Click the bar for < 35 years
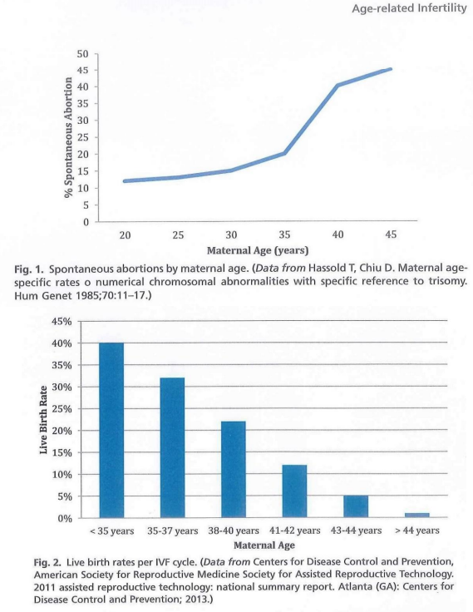pyautogui.click(x=111, y=430)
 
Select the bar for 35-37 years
pyautogui.click(x=173, y=447)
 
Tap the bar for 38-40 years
pyautogui.click(x=234, y=470)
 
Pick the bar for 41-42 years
pyautogui.click(x=294, y=491)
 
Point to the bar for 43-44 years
pyautogui.click(x=356, y=506)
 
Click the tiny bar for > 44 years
pyautogui.click(x=416, y=516)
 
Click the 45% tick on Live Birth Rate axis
pyautogui.click(x=62, y=322)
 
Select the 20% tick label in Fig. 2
pyautogui.click(x=62, y=431)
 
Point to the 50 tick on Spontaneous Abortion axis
pyautogui.click(x=83, y=54)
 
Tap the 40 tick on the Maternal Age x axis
pyautogui.click(x=338, y=234)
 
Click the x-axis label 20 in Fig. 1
pyautogui.click(x=125, y=234)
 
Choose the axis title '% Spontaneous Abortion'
pyautogui.click(x=69, y=137)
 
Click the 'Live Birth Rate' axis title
pyautogui.click(x=43, y=420)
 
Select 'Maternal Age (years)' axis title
pyautogui.click(x=258, y=250)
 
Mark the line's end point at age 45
pyautogui.click(x=391, y=69)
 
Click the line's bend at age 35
pyautogui.click(x=284, y=153)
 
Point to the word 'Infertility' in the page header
pyautogui.click(x=442, y=8)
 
